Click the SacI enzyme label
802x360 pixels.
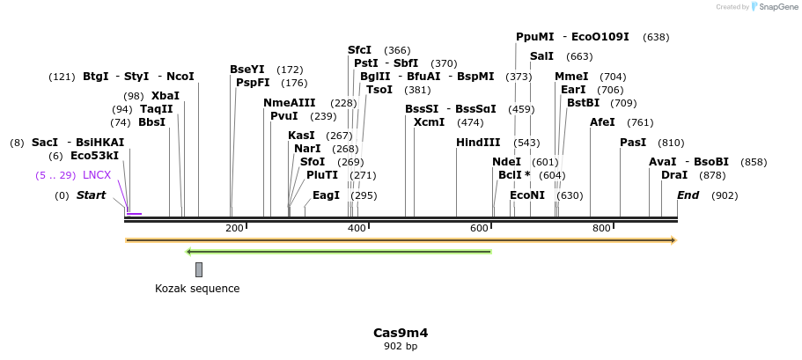45,143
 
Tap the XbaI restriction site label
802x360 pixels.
165,96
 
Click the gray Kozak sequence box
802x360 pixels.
199,269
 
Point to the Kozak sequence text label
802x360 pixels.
197,289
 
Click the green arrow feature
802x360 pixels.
339,252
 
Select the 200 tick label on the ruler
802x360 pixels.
234,229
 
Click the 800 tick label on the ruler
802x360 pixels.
601,229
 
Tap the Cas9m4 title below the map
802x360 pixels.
401,333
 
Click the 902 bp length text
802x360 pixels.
401,347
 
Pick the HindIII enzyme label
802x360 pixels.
478,143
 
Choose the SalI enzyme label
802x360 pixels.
541,56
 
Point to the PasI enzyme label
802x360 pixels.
633,143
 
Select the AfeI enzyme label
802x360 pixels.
602,122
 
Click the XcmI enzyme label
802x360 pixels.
430,122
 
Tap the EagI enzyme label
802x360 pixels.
326,195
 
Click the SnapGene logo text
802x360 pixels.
773,7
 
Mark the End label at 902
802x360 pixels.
688,195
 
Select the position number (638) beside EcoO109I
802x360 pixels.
656,37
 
